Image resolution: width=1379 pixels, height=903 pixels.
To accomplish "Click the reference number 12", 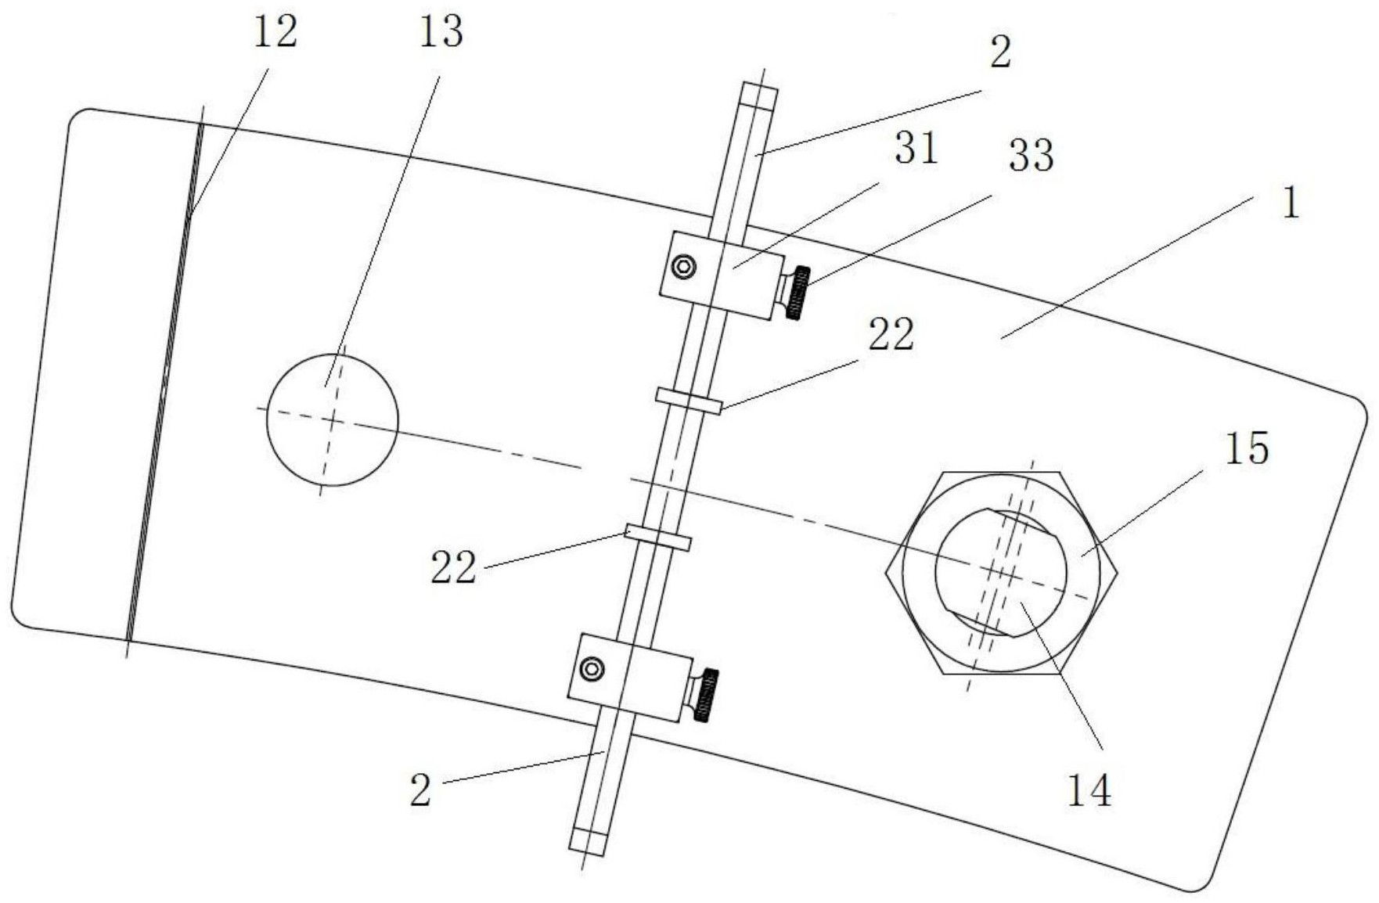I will coord(275,33).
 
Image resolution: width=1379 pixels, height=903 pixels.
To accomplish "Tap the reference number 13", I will coord(441,33).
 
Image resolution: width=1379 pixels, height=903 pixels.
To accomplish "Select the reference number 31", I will coord(916,149).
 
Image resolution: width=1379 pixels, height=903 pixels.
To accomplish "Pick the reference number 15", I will coord(1247,450).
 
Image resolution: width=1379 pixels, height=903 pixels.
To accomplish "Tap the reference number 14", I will coord(1089,791).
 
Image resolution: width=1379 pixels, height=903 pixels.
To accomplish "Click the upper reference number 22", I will coord(891,336).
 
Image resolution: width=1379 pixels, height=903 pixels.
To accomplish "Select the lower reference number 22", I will coord(453,567).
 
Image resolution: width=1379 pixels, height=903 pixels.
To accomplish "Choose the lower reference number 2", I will coord(421,791).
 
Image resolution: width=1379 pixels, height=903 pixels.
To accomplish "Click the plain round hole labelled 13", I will coord(332,420).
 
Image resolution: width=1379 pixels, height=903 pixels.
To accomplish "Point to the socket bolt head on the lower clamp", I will coord(592,669).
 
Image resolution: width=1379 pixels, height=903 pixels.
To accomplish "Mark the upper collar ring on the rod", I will coord(689,400).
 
